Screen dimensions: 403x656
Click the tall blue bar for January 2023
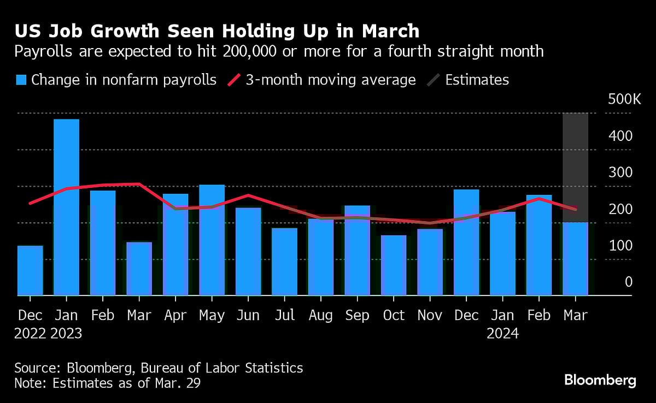pyautogui.click(x=66, y=208)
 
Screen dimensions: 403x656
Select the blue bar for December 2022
pyautogui.click(x=30, y=271)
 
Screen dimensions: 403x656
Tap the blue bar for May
pyautogui.click(x=212, y=240)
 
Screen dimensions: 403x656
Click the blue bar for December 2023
pyautogui.click(x=466, y=242)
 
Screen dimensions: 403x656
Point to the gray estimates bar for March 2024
pyautogui.click(x=575, y=164)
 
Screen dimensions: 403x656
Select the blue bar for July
pyautogui.click(x=284, y=262)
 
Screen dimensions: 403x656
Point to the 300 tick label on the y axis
pyautogui.click(x=620, y=173)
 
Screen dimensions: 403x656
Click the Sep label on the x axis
pyautogui.click(x=357, y=316)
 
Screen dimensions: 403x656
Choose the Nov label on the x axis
pyautogui.click(x=430, y=316)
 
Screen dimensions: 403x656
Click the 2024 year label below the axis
pyautogui.click(x=502, y=333)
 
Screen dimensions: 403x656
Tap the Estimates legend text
pyautogui.click(x=477, y=80)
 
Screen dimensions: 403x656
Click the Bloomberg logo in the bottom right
pyautogui.click(x=600, y=380)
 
